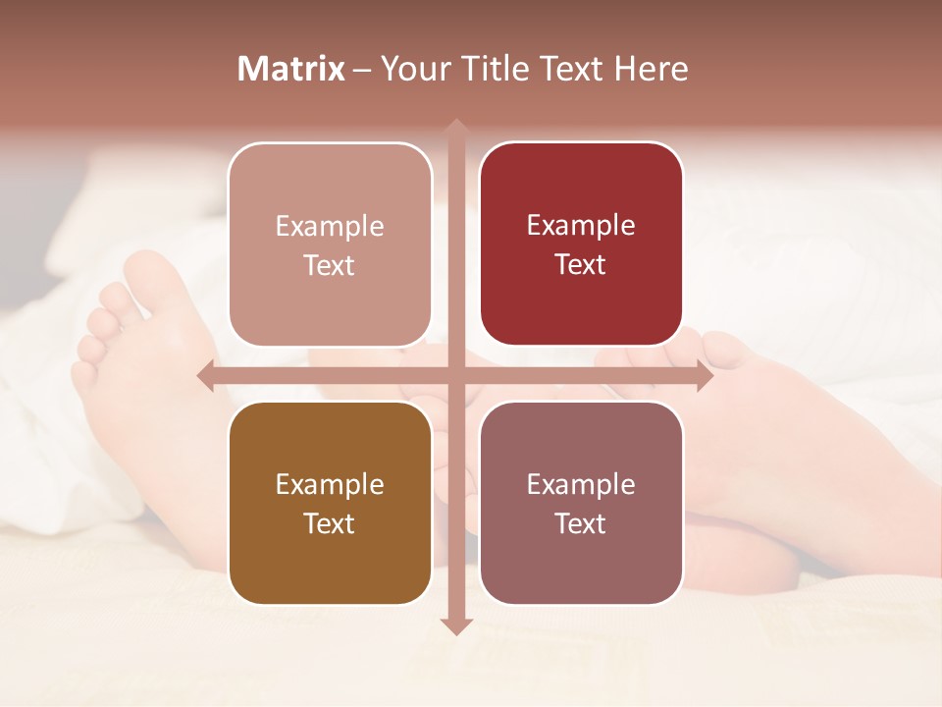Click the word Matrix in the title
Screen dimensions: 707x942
(291, 69)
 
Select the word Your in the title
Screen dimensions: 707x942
(412, 69)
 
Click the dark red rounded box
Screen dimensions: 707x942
(581, 244)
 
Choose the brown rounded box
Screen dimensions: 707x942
(330, 503)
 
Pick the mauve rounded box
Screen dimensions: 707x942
(581, 503)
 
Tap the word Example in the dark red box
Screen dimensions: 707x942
(581, 225)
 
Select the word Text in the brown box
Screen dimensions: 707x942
(330, 523)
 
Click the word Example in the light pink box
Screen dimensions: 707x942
(330, 226)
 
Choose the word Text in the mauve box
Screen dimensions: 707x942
(581, 523)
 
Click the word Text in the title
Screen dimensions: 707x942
(571, 69)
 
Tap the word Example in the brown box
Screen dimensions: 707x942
(330, 484)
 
